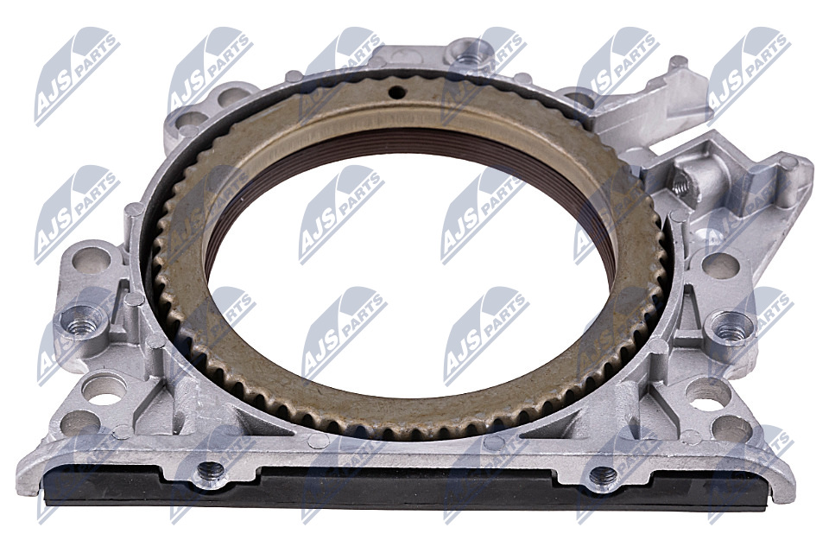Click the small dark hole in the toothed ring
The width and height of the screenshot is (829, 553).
pos(396,92)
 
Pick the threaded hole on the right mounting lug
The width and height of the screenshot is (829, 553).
pos(731,329)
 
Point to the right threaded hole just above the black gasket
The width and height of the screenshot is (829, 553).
pos(603,475)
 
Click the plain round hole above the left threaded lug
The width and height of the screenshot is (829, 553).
pos(92,260)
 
